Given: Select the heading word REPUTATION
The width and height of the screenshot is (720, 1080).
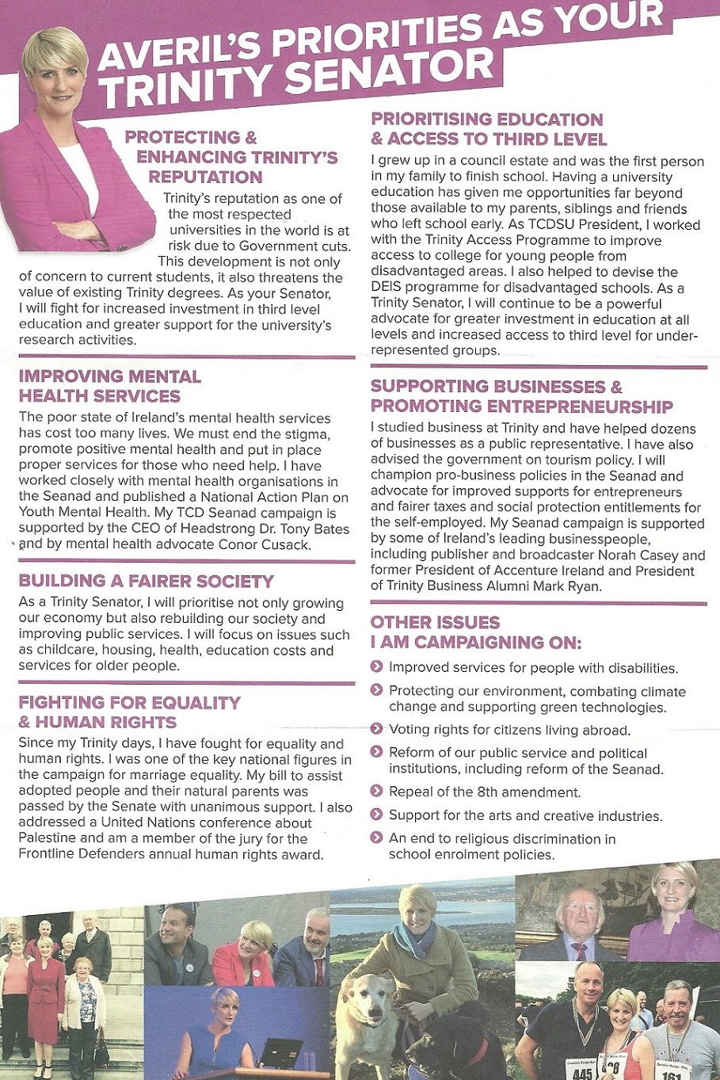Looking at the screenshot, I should click(205, 177).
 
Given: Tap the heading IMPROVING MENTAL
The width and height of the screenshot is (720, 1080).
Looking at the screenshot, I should click(110, 376).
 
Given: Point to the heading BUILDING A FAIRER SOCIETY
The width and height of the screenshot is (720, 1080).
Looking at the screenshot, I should click(147, 581).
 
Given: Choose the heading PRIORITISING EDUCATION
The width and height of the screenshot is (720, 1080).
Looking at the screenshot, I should click(487, 120).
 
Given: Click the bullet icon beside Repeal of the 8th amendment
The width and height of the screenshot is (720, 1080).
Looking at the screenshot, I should click(377, 792).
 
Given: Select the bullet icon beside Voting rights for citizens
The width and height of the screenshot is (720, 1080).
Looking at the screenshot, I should click(377, 729).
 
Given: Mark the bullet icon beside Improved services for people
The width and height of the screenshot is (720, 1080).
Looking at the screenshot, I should click(377, 667).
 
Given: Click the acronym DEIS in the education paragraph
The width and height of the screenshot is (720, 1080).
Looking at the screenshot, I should click(387, 288).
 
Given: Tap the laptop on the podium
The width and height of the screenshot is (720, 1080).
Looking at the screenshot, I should click(281, 1051).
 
